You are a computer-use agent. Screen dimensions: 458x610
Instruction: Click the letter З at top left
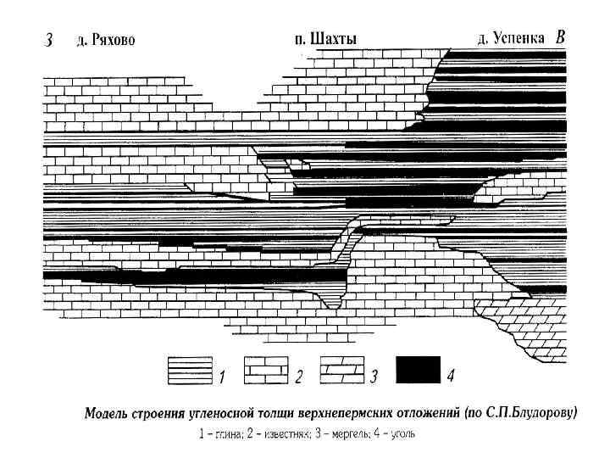(x=48, y=40)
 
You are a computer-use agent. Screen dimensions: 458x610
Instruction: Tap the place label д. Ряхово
(x=106, y=40)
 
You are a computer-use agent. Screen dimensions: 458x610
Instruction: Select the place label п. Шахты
(x=324, y=38)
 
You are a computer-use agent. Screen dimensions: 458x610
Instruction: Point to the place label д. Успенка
(x=512, y=38)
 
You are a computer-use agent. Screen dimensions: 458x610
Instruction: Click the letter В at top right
(x=560, y=37)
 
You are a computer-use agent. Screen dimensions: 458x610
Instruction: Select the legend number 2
(x=298, y=375)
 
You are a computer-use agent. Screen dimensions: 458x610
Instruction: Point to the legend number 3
(x=374, y=375)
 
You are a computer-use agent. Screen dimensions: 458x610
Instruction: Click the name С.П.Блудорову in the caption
(x=530, y=415)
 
